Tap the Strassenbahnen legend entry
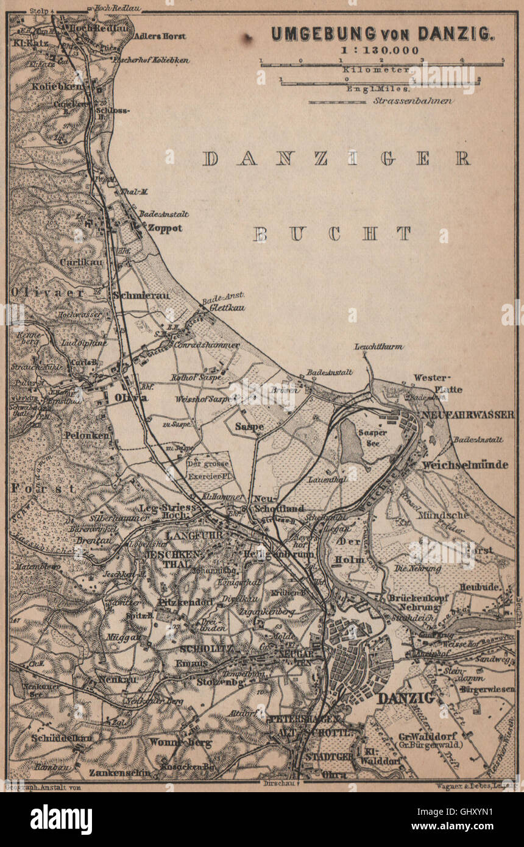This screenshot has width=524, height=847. (412, 101)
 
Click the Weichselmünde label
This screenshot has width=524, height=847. (464, 465)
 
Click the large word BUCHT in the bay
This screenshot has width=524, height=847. (332, 234)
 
